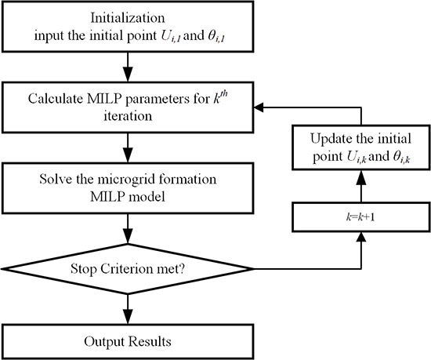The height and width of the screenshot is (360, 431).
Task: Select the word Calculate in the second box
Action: (x=57, y=100)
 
